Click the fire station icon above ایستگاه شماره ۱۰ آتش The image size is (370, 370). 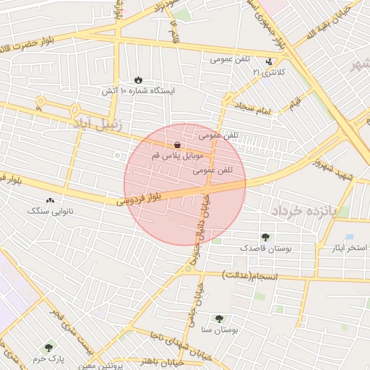click(x=137, y=79)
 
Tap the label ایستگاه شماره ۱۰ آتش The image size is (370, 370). click(x=138, y=91)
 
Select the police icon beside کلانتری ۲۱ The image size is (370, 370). click(x=270, y=61)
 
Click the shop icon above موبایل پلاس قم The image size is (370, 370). click(x=178, y=145)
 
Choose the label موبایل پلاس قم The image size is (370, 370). click(x=178, y=155)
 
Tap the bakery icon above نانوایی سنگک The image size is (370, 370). click(x=50, y=200)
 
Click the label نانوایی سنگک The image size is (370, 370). click(x=51, y=211)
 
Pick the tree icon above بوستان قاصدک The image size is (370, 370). click(x=265, y=236)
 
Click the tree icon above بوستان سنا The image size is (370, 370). click(x=219, y=318)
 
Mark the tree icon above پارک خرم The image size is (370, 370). click(x=48, y=348)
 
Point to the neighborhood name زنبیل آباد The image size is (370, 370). click(x=97, y=124)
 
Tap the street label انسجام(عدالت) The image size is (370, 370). click(x=246, y=275)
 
